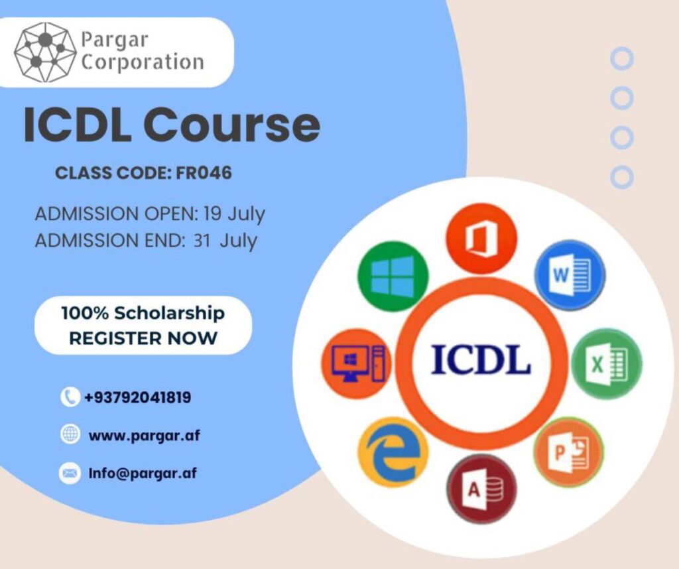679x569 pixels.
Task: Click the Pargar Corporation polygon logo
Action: [x=45, y=52]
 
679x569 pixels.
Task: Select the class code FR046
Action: [x=204, y=173]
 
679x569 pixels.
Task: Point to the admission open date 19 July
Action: [x=234, y=214]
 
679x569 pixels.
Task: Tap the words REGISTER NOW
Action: [x=143, y=338]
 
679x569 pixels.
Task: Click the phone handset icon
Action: [x=70, y=397]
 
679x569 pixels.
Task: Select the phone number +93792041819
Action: [x=138, y=397]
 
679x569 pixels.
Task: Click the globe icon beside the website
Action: [x=70, y=434]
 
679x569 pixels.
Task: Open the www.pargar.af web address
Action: [x=144, y=435]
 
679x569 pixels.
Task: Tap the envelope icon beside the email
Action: [x=70, y=472]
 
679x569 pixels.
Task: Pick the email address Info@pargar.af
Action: [x=143, y=473]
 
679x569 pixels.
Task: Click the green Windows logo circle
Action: [x=393, y=276]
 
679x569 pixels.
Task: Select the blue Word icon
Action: [x=570, y=275]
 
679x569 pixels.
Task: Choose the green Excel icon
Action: [x=606, y=363]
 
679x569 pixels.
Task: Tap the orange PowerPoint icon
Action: [x=568, y=452]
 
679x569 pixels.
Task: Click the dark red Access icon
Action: [x=481, y=489]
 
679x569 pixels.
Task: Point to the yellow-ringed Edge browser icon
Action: [x=393, y=452]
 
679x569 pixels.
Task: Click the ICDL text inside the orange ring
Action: [x=481, y=359]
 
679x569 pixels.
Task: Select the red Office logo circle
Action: [x=481, y=239]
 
